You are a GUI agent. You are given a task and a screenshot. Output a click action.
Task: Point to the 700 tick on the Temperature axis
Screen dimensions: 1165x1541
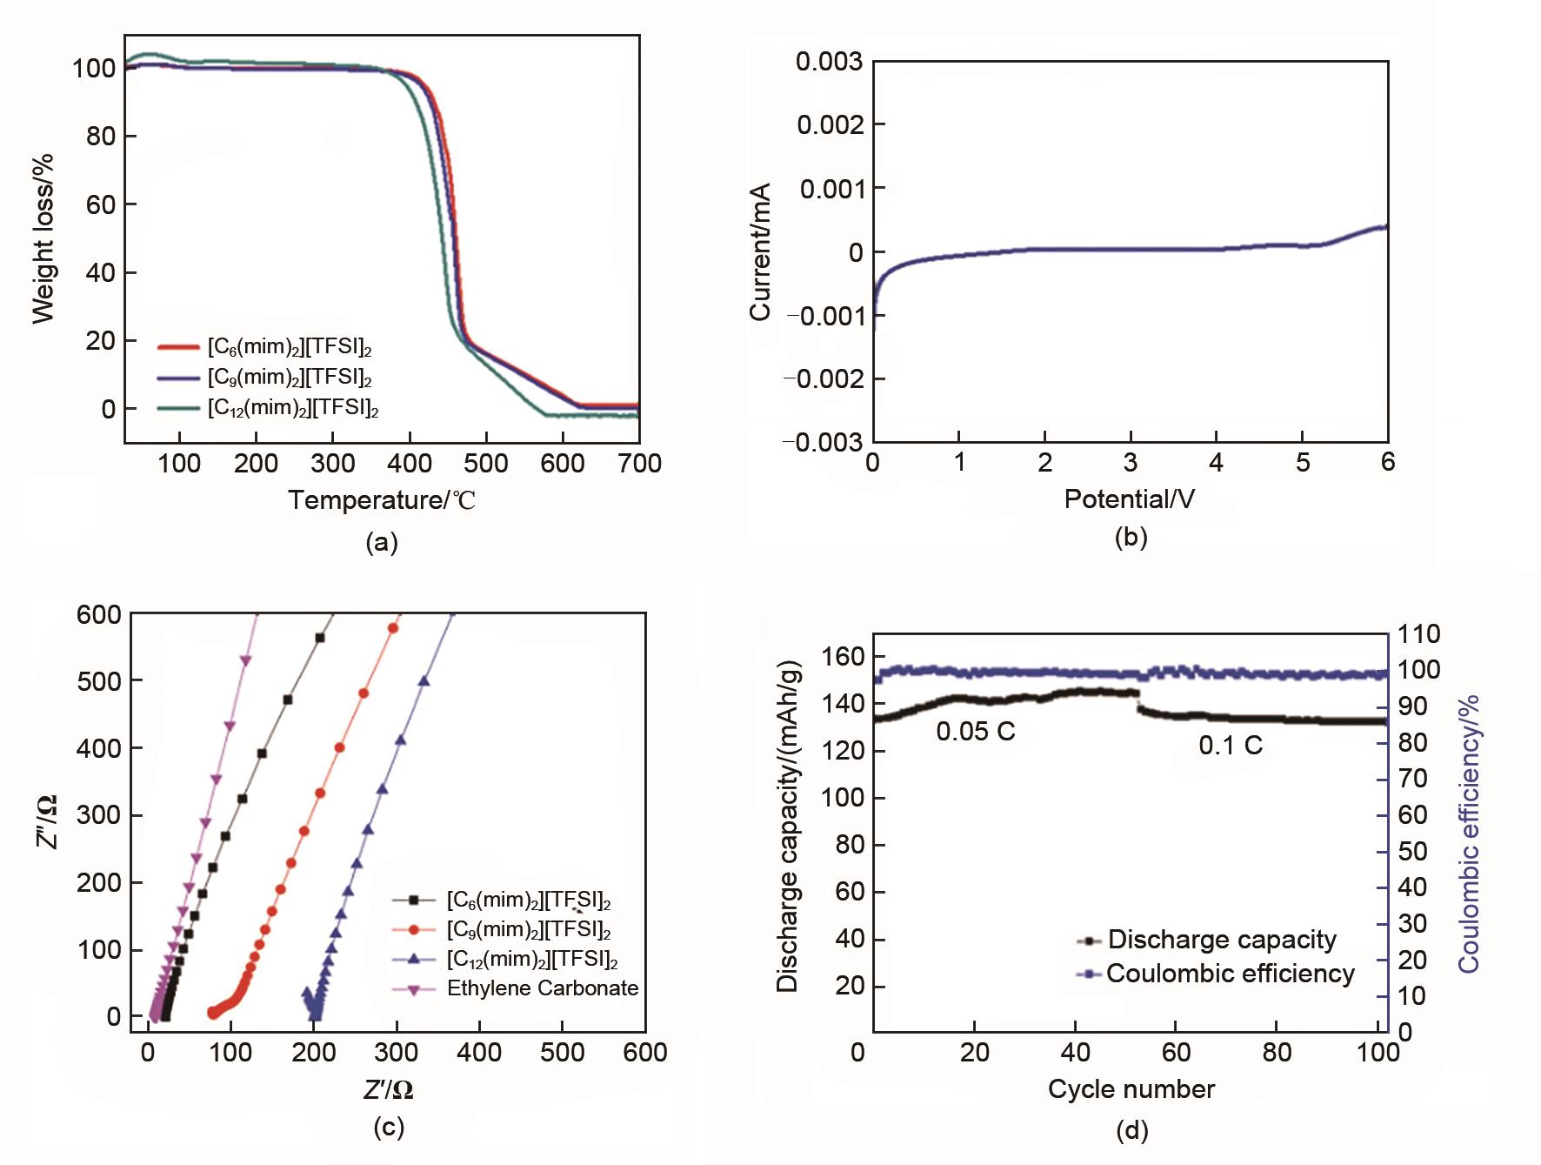click(x=639, y=464)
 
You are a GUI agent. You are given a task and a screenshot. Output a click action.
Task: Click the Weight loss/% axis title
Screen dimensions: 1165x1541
click(x=43, y=238)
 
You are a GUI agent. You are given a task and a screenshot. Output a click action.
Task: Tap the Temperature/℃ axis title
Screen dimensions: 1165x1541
click(x=382, y=500)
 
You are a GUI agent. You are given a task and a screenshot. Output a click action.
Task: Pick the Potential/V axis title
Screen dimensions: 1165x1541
click(x=1129, y=499)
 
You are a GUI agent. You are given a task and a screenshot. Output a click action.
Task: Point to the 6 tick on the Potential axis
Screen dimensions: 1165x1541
click(x=1387, y=462)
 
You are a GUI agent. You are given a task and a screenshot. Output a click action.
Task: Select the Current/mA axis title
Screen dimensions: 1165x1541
click(x=760, y=251)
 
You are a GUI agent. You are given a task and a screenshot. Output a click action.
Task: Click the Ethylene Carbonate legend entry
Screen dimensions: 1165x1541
click(x=542, y=988)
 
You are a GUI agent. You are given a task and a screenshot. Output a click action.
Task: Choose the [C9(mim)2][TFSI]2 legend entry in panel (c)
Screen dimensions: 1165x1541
click(x=528, y=929)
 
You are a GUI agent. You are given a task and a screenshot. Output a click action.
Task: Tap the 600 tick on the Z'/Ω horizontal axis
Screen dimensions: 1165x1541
click(x=645, y=1053)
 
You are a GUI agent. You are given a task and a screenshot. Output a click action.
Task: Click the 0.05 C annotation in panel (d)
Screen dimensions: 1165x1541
click(x=975, y=732)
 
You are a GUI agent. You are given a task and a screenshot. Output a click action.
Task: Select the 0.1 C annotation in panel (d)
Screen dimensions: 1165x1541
click(x=1230, y=746)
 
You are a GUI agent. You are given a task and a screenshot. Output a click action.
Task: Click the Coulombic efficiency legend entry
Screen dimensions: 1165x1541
click(x=1230, y=973)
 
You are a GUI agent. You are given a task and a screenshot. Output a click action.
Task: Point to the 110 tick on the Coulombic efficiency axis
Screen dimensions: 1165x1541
click(x=1418, y=633)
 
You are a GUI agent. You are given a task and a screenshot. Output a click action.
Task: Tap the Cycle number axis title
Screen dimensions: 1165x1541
click(x=1131, y=1089)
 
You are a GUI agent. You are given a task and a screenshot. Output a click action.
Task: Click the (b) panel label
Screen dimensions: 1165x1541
click(x=1131, y=537)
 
